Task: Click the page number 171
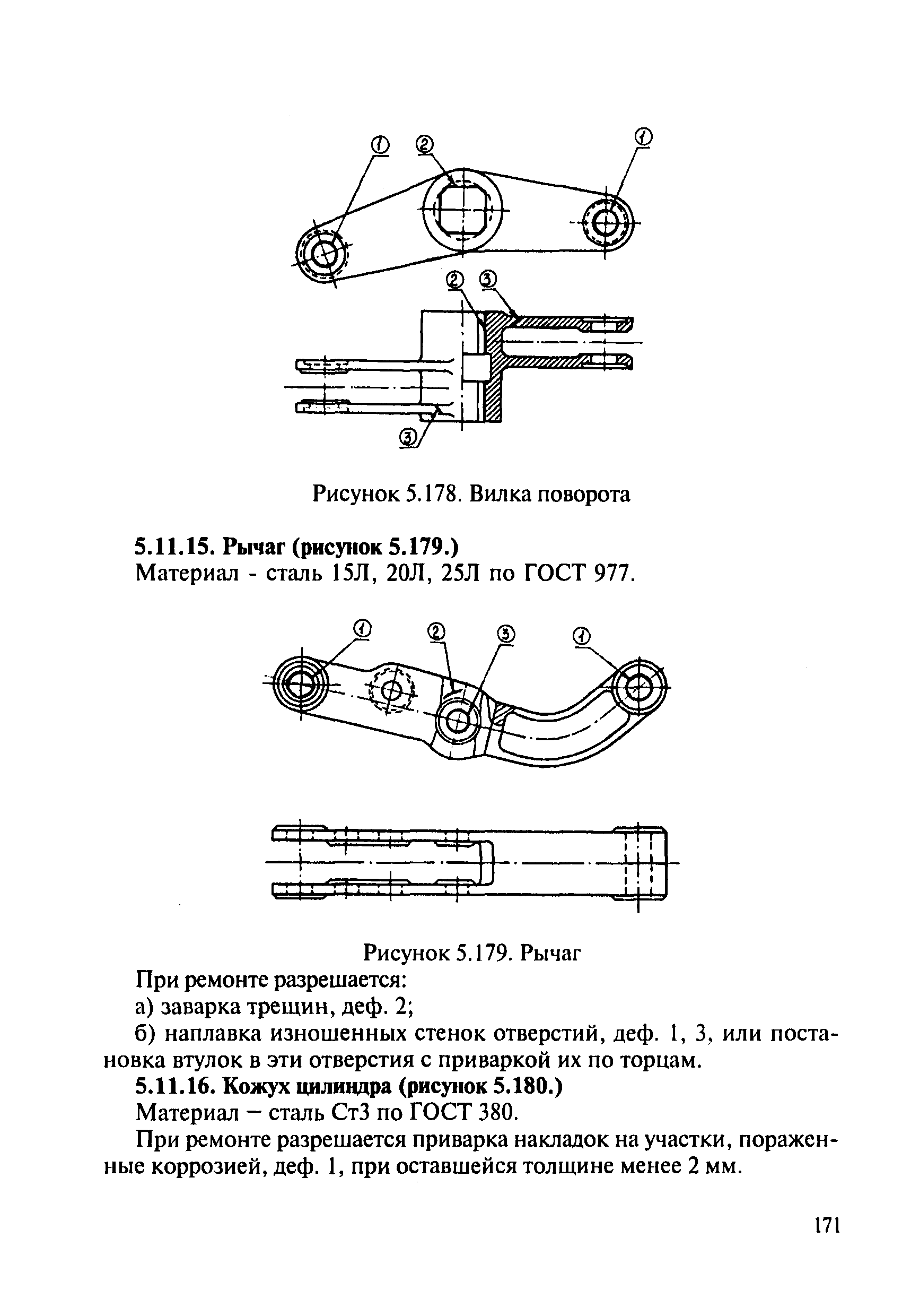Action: [x=827, y=1225]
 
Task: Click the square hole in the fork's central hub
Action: [x=463, y=210]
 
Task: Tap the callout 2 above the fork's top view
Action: [x=424, y=145]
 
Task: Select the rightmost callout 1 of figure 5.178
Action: [x=643, y=136]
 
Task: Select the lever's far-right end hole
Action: [x=640, y=689]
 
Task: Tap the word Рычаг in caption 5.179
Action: [x=550, y=953]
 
